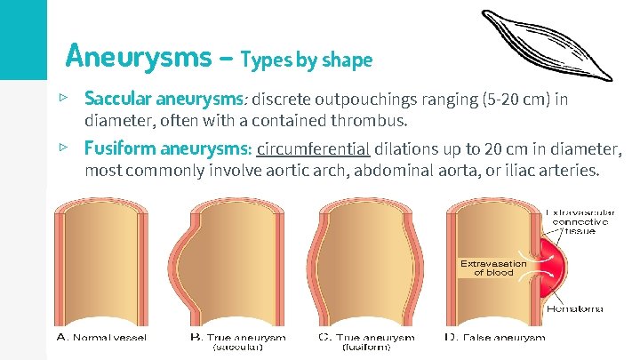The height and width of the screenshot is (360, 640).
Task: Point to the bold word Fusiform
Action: point(117,148)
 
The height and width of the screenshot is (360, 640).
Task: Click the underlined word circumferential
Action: point(313,148)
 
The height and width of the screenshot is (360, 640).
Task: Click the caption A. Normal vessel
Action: point(101,338)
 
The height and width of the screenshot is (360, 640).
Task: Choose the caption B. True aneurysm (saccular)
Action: point(238,342)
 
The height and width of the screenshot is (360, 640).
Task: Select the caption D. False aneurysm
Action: point(494,338)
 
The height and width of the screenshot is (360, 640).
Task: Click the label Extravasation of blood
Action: point(493,268)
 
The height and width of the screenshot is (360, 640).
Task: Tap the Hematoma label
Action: point(573,309)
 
